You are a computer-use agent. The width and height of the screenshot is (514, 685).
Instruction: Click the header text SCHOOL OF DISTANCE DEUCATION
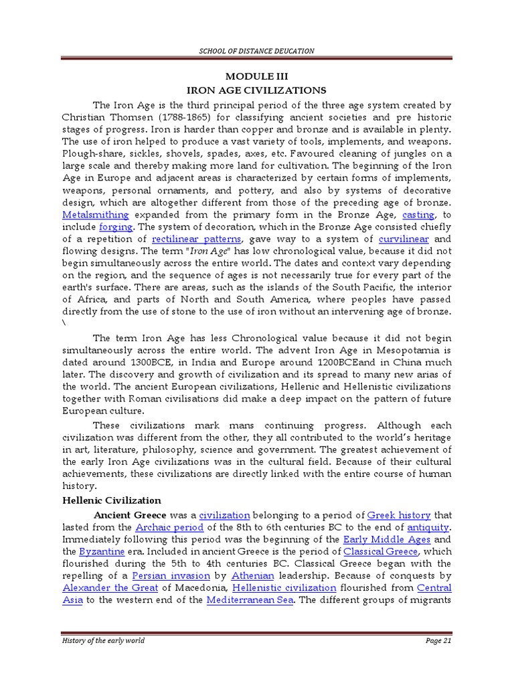[257, 51]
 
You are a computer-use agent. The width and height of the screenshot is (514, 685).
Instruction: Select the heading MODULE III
[258, 77]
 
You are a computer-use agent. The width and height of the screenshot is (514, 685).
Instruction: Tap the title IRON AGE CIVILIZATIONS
[257, 90]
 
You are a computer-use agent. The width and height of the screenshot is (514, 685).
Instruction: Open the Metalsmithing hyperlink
[95, 214]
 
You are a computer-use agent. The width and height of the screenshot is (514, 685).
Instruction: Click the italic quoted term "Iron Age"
[209, 251]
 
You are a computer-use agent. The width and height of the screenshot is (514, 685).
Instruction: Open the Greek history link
[400, 515]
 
